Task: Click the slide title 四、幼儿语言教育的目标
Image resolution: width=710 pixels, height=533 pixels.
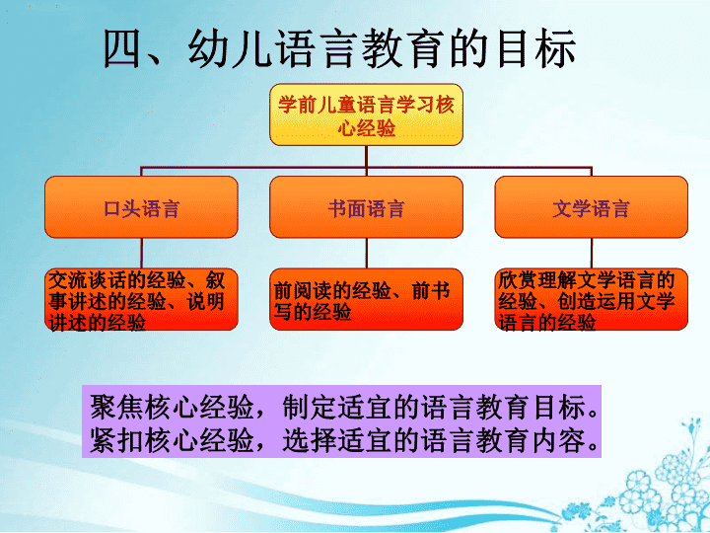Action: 339,48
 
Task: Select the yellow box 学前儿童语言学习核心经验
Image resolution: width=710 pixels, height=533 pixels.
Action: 366,114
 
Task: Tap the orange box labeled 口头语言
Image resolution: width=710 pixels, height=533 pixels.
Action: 141,207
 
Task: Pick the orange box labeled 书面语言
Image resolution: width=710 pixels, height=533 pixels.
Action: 366,207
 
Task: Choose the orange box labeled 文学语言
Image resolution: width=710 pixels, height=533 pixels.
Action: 592,207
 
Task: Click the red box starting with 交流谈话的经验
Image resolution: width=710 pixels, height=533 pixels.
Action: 141,300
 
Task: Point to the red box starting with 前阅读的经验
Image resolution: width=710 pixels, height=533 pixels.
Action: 366,300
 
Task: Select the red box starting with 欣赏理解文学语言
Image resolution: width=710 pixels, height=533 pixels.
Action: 592,300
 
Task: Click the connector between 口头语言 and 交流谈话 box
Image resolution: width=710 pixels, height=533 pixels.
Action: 141,254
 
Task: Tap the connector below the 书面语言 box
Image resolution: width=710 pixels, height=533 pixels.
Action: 366,254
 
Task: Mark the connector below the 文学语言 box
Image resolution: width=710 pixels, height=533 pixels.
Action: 592,254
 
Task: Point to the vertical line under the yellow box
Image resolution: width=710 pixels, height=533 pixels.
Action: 366,157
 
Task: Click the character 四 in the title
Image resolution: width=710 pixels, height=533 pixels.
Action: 122,49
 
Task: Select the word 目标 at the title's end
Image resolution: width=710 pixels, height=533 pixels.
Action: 536,48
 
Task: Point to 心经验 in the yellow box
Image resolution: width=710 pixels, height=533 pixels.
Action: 366,127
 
